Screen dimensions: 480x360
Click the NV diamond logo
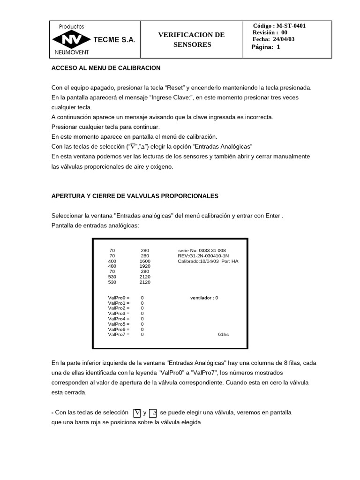(x=72, y=40)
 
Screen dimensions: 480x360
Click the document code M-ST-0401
(x=291, y=26)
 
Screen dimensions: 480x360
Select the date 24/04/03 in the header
(x=284, y=39)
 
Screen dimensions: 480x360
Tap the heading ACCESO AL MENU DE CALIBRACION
(x=106, y=68)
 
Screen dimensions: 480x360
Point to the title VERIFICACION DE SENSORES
(x=191, y=40)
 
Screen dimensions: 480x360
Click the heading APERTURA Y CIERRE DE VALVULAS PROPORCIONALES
(x=135, y=196)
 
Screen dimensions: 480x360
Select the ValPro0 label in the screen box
(x=118, y=298)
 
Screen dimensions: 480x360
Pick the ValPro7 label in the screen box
(x=118, y=334)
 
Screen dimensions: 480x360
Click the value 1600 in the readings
(x=145, y=261)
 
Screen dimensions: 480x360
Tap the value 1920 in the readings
(x=145, y=266)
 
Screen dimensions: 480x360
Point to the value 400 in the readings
(x=112, y=261)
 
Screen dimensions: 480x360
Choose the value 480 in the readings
(x=112, y=266)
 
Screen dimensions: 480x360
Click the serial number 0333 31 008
(x=212, y=251)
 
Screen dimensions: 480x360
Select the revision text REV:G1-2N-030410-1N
(x=203, y=256)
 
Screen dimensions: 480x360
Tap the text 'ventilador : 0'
(x=204, y=298)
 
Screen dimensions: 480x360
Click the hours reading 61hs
(x=224, y=334)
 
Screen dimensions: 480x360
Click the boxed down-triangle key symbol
(x=137, y=413)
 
